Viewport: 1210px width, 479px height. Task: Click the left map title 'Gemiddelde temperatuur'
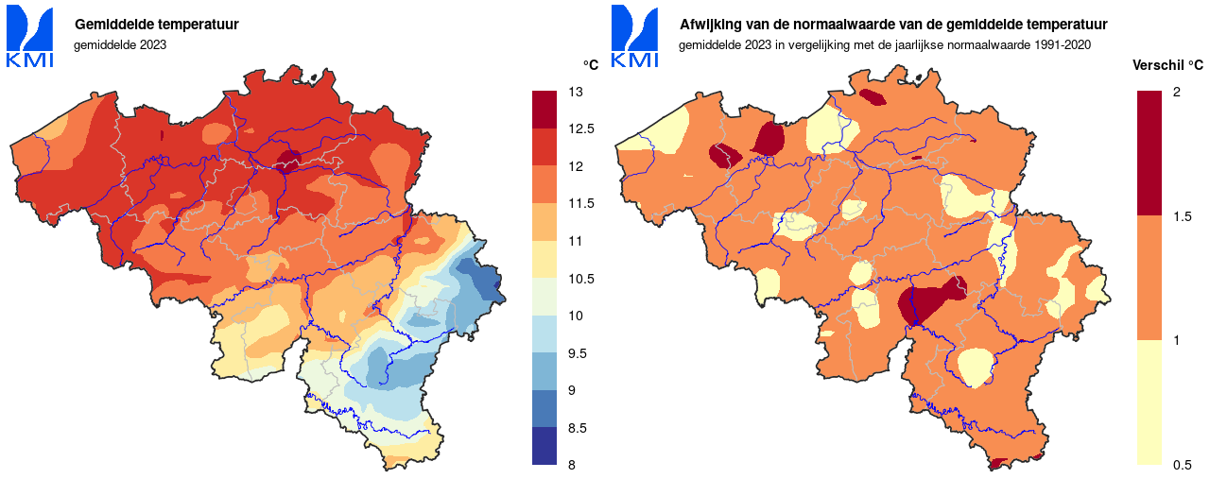pyautogui.click(x=156, y=25)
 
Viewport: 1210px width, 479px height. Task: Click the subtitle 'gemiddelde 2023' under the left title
pyautogui.click(x=120, y=44)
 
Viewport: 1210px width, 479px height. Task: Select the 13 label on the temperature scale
pyautogui.click(x=575, y=92)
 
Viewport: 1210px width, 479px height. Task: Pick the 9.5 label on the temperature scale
pyautogui.click(x=578, y=353)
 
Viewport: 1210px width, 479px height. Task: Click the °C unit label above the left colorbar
pyautogui.click(x=590, y=65)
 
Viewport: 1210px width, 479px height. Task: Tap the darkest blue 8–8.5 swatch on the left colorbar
pyautogui.click(x=545, y=446)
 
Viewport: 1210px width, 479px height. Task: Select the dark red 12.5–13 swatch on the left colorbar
pyautogui.click(x=545, y=110)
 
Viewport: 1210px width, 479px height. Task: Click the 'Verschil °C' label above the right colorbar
pyautogui.click(x=1167, y=65)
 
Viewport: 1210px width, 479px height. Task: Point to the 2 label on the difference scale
pyautogui.click(x=1177, y=92)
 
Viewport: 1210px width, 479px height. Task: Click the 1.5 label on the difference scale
pyautogui.click(x=1182, y=216)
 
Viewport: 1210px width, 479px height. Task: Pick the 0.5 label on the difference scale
pyautogui.click(x=1182, y=465)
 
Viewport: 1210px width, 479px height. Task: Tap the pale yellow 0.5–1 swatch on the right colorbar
pyautogui.click(x=1149, y=402)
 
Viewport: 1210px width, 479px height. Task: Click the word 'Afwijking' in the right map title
pyautogui.click(x=710, y=25)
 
